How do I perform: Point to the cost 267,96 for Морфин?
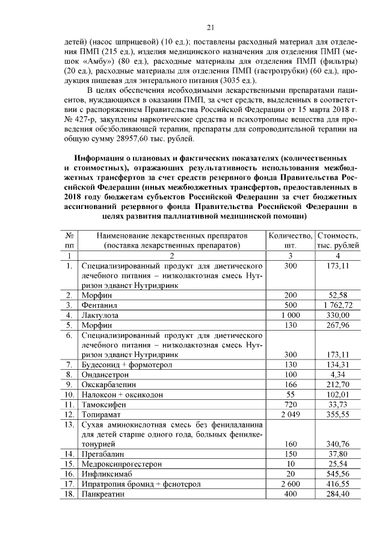pos(339,325)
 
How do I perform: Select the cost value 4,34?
pos(339,373)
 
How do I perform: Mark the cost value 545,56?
pos(339,473)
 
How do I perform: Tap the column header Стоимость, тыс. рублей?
pos(339,240)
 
